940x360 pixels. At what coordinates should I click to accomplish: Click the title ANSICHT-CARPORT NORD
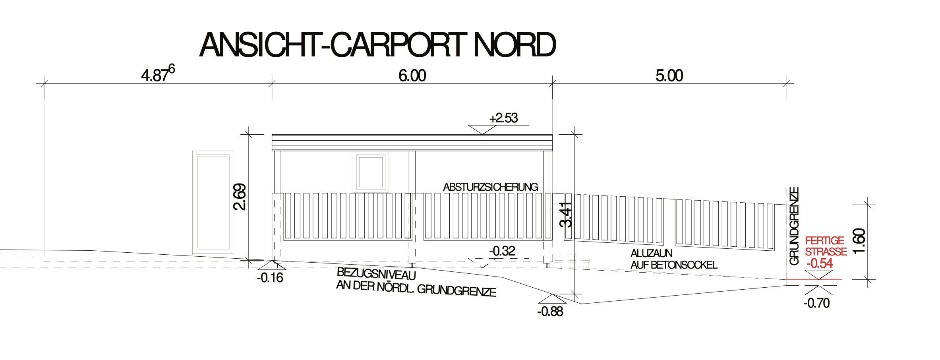pos(377,45)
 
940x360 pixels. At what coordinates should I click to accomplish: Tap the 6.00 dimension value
pos(412,75)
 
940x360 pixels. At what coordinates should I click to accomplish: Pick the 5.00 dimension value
pos(669,75)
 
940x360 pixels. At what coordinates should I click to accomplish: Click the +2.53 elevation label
pos(503,118)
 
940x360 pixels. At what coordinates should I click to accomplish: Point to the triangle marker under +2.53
pos(482,130)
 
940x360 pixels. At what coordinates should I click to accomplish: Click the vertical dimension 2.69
pos(240,197)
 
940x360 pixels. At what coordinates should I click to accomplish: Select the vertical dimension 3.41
pos(566,215)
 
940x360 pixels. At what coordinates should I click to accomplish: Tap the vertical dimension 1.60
pos(859,241)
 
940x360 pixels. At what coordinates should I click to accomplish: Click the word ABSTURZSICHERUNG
pos(491,187)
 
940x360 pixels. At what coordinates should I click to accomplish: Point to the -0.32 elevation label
pos(502,251)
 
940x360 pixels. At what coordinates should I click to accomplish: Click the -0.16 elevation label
pos(270,278)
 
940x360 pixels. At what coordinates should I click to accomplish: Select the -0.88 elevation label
pos(550,312)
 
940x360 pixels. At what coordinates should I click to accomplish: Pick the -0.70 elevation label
pos(817,303)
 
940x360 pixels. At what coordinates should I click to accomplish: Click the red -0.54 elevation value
pos(820,263)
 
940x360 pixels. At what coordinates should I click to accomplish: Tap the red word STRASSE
pos(826,252)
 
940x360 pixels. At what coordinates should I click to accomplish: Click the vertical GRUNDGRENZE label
pos(794,226)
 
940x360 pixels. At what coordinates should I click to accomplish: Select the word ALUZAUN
pos(652,254)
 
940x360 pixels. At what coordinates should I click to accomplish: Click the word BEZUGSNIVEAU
pos(376,274)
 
